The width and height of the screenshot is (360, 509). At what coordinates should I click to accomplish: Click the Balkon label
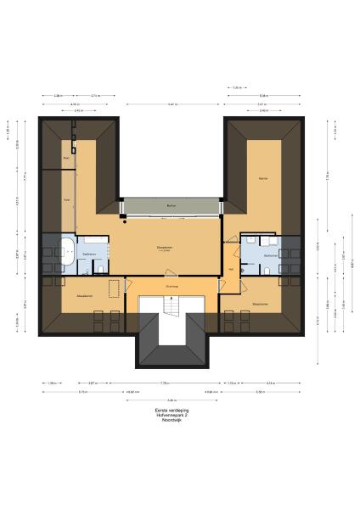(x=172, y=206)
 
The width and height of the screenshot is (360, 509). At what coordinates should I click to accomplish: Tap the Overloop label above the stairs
(x=172, y=287)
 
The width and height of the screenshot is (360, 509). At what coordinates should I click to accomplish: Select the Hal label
(x=230, y=270)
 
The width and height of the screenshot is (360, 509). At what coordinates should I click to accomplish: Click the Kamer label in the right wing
(x=263, y=179)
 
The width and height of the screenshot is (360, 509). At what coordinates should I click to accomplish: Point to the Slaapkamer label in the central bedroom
(x=171, y=248)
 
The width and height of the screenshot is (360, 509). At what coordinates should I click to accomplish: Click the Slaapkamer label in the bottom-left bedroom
(x=84, y=296)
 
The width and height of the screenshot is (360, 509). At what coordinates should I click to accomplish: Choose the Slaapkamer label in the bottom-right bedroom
(x=260, y=303)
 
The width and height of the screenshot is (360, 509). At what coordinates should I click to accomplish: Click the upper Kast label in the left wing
(x=66, y=158)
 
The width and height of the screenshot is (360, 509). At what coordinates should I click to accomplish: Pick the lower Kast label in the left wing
(x=66, y=200)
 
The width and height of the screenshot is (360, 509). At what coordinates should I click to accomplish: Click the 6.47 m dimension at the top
(x=172, y=103)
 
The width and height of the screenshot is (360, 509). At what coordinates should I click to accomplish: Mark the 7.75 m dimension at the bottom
(x=172, y=383)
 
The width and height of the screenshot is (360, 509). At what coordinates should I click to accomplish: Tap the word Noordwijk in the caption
(x=172, y=419)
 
